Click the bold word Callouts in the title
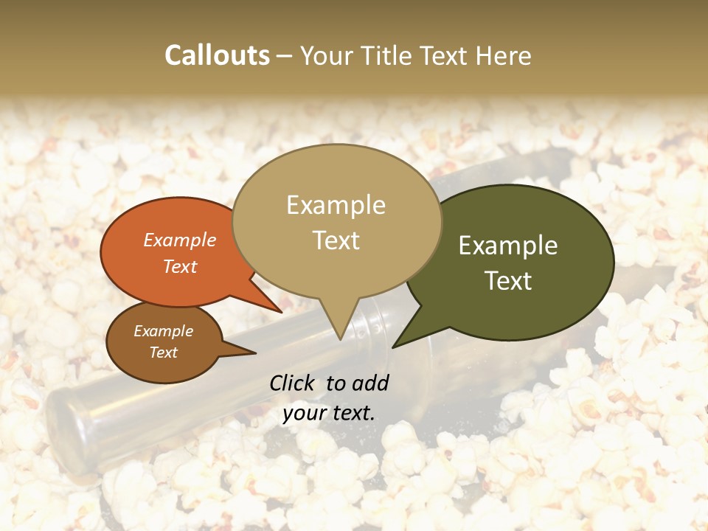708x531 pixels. [217, 55]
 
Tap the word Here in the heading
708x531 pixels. [502, 55]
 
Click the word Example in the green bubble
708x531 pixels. [508, 246]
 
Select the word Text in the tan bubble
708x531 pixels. [336, 240]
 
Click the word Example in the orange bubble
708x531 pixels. [180, 240]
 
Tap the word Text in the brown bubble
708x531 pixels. [164, 353]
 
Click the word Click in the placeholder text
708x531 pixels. [292, 383]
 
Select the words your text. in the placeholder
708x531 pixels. [329, 413]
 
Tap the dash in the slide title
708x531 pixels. [285, 55]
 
